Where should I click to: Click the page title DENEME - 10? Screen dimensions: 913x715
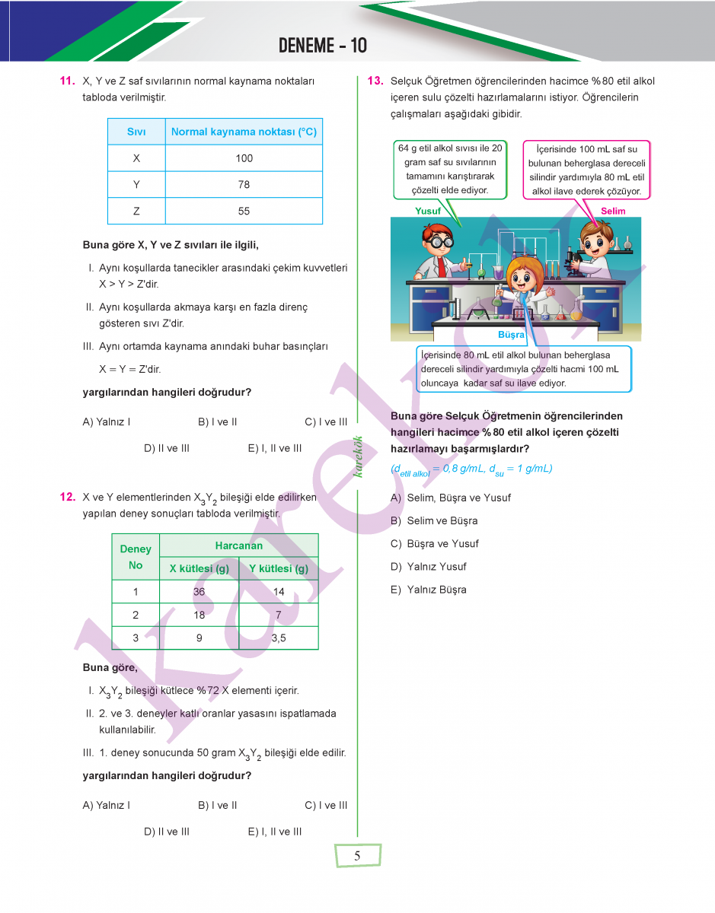point(323,46)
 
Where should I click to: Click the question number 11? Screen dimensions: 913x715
point(66,81)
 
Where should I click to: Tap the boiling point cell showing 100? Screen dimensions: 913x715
point(244,158)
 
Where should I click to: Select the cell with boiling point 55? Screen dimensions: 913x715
point(244,211)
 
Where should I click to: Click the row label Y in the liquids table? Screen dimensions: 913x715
point(136,185)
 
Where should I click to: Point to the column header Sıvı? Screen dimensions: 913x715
point(136,132)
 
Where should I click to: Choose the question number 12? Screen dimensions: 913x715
point(66,498)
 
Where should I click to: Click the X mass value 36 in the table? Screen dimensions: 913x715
point(199,592)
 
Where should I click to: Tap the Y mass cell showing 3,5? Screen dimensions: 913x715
point(279,638)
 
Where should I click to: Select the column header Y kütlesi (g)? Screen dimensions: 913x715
point(279,568)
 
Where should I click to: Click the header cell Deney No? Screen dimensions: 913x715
point(136,557)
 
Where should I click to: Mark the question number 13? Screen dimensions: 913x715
point(375,81)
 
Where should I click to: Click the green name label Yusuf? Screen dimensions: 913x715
point(428,211)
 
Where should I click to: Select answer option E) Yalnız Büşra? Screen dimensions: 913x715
point(429,590)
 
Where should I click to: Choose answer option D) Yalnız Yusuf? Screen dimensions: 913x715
point(429,567)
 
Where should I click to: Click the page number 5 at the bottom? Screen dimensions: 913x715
point(357,856)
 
